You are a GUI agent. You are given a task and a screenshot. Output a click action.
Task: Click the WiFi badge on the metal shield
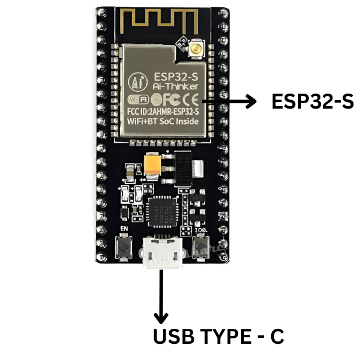coord(137,98)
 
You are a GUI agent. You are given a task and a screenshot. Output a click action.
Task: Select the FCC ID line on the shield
coord(163,110)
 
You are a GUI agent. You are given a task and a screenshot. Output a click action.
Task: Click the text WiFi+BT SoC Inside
coord(163,122)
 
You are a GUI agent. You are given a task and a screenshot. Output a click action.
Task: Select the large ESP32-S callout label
coord(312,102)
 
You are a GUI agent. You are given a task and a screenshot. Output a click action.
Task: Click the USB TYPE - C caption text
coord(218,336)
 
